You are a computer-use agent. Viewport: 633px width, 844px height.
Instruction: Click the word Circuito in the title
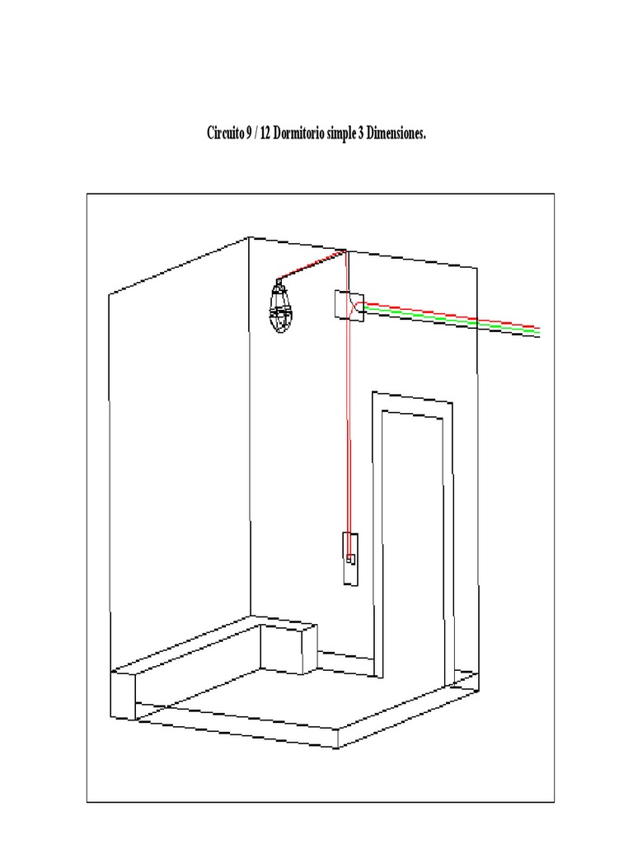coord(226,133)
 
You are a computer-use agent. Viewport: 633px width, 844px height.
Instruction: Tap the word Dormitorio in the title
coord(298,133)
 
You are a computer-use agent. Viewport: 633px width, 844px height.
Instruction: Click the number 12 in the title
coord(265,133)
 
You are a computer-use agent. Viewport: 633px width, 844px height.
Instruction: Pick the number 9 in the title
coord(249,133)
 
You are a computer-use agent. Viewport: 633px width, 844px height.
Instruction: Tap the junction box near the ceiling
coord(349,306)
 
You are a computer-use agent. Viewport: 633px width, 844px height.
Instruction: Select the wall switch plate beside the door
coord(351,559)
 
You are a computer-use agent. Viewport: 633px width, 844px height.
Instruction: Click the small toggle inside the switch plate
coord(351,560)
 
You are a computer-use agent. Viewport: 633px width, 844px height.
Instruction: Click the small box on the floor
coord(288,648)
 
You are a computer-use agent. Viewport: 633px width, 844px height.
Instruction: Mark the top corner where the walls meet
coord(249,237)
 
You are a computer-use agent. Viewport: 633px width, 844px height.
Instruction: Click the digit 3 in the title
coord(361,133)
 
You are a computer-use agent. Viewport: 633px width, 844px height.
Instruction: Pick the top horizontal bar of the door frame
coord(412,397)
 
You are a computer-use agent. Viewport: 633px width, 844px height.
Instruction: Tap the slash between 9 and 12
coord(256,133)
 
